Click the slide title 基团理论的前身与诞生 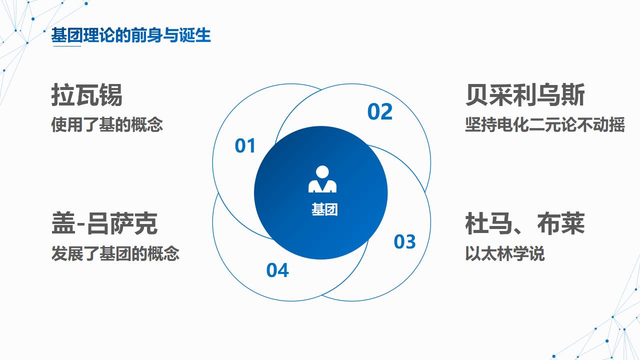click(131, 35)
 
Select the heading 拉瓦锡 click(86, 95)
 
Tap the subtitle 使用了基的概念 click(107, 124)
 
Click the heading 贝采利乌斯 click(524, 95)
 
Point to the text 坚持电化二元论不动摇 click(544, 124)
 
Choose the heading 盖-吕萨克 click(104, 223)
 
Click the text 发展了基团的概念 click(115, 253)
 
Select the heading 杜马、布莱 click(524, 223)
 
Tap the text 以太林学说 click(504, 253)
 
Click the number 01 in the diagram click(245, 146)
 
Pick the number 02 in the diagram click(380, 112)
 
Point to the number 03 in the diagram click(404, 241)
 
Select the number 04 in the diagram click(277, 270)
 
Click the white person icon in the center click(322, 179)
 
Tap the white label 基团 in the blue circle click(324, 209)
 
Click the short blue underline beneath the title click(66, 46)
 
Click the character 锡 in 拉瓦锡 click(110, 95)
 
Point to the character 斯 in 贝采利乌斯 click(573, 95)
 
